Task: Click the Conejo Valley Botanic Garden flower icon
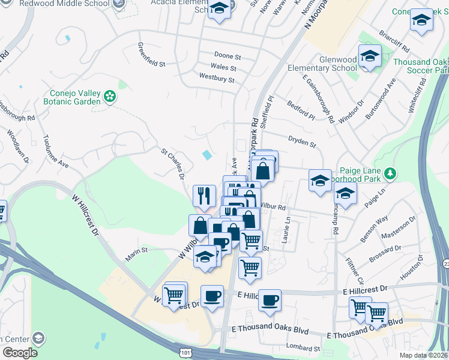pos(110,96)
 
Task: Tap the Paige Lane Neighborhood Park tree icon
pos(391,173)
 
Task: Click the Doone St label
pos(228,56)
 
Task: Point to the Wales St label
pos(223,67)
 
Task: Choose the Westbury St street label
pos(216,78)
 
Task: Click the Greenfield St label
pos(151,55)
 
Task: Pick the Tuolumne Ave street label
pos(56,151)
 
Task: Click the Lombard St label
pos(304,348)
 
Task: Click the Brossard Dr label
pos(385,252)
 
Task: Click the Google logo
pos(20,352)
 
